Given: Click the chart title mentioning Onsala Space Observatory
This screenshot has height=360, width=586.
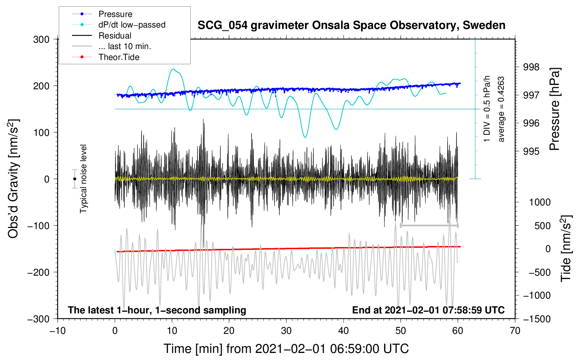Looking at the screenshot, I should [351, 25].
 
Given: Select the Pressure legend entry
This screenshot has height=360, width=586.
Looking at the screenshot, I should [115, 14].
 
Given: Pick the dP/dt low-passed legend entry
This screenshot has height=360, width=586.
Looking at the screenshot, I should [132, 25].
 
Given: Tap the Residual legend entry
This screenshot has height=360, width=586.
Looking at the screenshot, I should [115, 36].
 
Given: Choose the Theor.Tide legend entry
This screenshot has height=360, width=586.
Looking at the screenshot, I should [119, 57].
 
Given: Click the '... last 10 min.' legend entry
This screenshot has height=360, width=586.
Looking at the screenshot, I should [125, 46].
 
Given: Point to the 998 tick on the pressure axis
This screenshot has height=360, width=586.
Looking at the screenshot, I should [531, 67].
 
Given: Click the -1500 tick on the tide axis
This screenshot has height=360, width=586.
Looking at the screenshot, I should [537, 319].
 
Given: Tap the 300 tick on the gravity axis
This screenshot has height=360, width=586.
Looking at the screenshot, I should [41, 40].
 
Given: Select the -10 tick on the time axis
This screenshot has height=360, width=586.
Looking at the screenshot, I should [58, 331].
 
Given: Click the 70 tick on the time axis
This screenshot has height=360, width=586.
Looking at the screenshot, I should [515, 331].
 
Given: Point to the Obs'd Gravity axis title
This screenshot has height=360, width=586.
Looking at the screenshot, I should [13, 179].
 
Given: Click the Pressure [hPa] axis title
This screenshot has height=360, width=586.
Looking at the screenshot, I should [555, 109].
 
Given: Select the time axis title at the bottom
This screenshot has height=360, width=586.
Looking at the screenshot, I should [286, 349].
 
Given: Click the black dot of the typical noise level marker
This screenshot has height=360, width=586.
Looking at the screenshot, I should [74, 179].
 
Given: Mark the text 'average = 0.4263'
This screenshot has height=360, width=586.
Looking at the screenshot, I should [501, 109].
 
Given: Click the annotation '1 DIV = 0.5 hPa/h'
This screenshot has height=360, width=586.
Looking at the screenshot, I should [487, 109].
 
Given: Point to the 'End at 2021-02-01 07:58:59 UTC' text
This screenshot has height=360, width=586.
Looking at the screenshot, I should [428, 310].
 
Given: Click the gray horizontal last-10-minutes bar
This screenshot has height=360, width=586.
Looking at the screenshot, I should [429, 226].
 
